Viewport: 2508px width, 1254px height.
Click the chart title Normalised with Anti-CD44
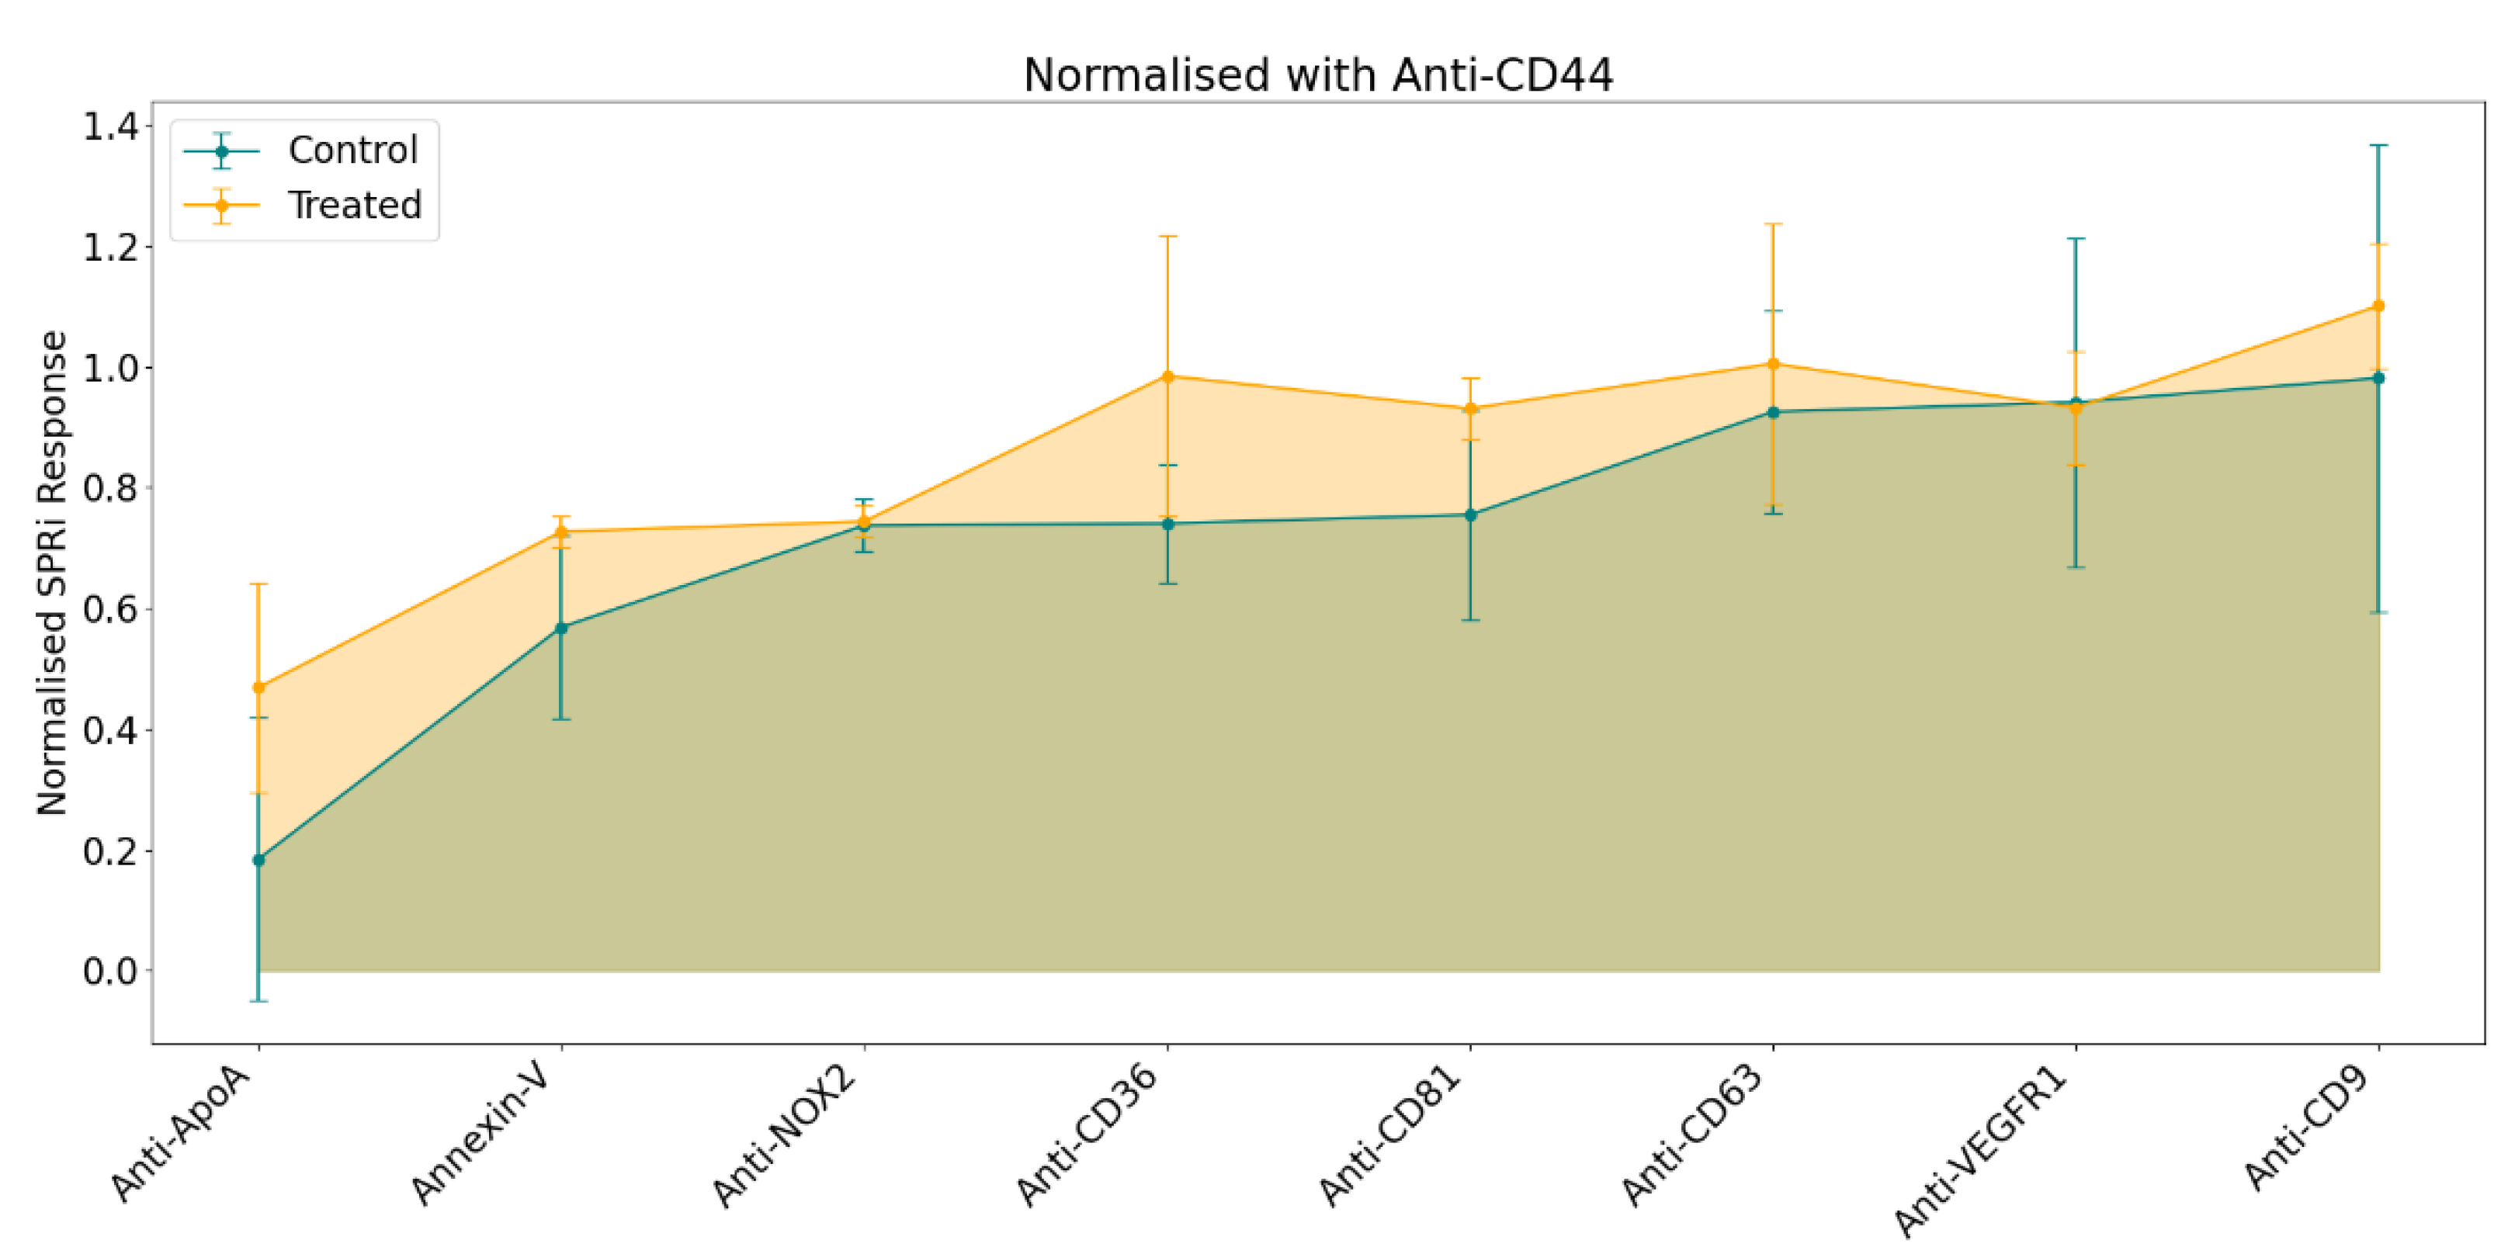click(x=1317, y=75)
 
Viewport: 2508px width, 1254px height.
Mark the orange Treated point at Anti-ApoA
click(x=259, y=688)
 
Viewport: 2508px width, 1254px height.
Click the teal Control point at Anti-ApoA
click(x=259, y=860)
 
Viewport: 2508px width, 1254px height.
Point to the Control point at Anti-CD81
click(x=1471, y=515)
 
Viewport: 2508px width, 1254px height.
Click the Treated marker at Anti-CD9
click(x=2378, y=306)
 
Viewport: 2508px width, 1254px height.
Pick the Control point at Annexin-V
click(x=562, y=628)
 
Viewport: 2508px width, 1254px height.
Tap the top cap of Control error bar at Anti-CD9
click(x=2378, y=145)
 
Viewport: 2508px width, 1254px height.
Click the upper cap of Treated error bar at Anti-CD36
click(x=1168, y=237)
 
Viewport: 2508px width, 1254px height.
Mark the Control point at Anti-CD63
click(x=1773, y=412)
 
